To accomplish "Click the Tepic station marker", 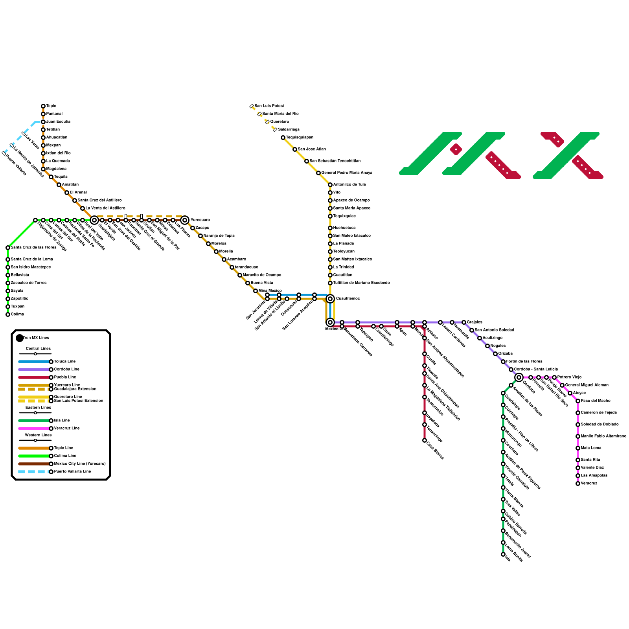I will (x=43, y=106).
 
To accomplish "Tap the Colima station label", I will (x=17, y=314).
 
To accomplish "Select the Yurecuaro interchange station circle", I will (x=185, y=220).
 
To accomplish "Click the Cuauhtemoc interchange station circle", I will (x=330, y=299).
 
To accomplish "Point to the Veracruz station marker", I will (x=578, y=484).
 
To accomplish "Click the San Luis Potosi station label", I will (x=269, y=106).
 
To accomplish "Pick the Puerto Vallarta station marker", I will (x=4, y=153).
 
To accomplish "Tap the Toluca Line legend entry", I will (x=64, y=362).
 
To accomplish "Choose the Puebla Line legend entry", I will (x=65, y=377).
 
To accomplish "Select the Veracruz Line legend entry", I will (x=67, y=429).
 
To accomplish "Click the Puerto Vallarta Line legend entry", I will (x=72, y=472).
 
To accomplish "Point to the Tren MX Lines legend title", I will (x=36, y=338).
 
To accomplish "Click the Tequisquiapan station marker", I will (x=283, y=138).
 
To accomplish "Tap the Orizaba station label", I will (x=505, y=354).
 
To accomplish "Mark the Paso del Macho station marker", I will (x=578, y=401).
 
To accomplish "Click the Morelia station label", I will (x=226, y=252).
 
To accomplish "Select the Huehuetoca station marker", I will (x=330, y=228).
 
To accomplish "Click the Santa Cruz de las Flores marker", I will (x=8, y=248).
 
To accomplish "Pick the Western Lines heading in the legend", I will (x=38, y=435).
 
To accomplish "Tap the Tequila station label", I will (x=61, y=177).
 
